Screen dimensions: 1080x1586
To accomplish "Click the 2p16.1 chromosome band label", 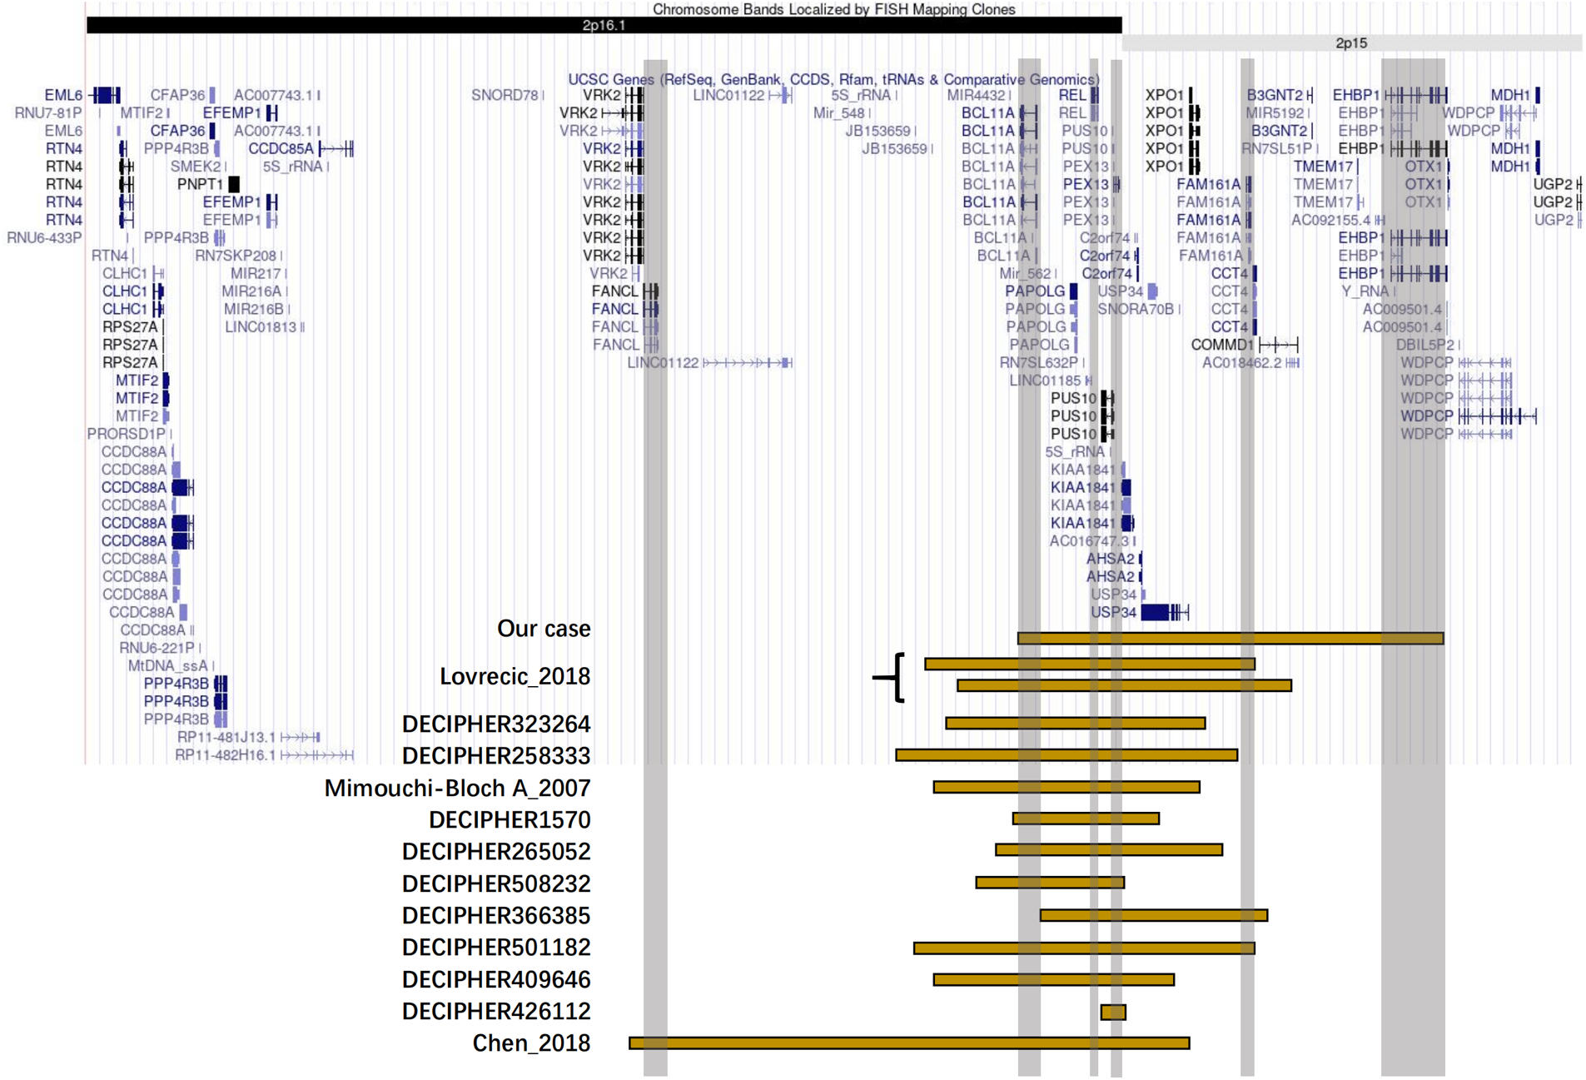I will pyautogui.click(x=604, y=25).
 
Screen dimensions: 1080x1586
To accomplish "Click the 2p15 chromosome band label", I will pyautogui.click(x=1350, y=42).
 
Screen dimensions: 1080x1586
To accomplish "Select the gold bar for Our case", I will pyautogui.click(x=1230, y=638).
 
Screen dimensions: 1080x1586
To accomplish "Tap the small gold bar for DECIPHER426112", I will pyautogui.click(x=1113, y=1012).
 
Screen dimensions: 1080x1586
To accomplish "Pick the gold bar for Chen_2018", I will pyautogui.click(x=909, y=1043).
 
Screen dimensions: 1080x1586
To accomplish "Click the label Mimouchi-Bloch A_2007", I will pyautogui.click(x=457, y=788).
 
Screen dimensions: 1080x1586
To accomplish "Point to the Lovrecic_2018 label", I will pyautogui.click(x=515, y=676).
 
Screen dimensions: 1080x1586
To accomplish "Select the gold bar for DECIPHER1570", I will pyautogui.click(x=1086, y=819).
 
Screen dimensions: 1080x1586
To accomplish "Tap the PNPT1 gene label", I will pyautogui.click(x=200, y=184).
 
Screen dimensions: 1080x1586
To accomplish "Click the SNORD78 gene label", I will pyautogui.click(x=505, y=95).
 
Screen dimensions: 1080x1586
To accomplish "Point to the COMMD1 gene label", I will pyautogui.click(x=1221, y=345).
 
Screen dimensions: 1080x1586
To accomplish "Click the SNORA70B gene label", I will pyautogui.click(x=1135, y=309).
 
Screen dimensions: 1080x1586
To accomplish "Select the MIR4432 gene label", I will pyautogui.click(x=976, y=95).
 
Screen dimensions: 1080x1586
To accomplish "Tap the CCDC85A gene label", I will pyautogui.click(x=281, y=148).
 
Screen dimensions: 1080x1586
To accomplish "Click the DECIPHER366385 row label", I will pyautogui.click(x=496, y=915).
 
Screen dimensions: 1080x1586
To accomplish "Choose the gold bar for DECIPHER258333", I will pyautogui.click(x=1066, y=754).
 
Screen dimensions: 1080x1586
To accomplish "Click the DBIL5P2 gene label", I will pyautogui.click(x=1424, y=345).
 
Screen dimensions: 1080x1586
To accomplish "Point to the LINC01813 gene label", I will pyautogui.click(x=260, y=327).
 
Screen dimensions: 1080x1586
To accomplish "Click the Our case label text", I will pyautogui.click(x=544, y=629).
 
